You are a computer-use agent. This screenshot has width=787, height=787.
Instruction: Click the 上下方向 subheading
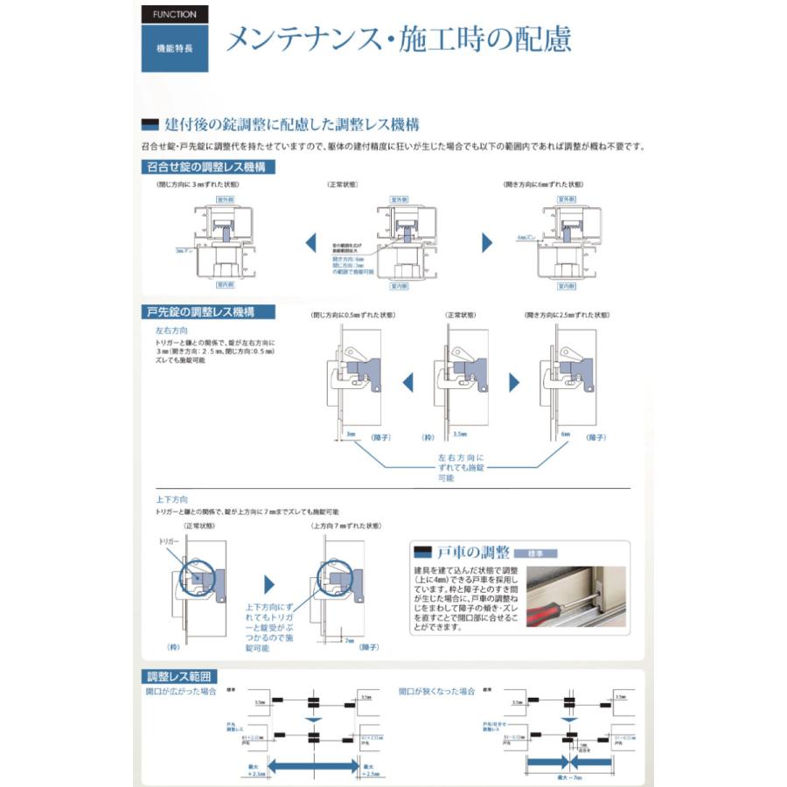click(x=171, y=499)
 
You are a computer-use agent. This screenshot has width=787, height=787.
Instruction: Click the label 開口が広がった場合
click(x=181, y=691)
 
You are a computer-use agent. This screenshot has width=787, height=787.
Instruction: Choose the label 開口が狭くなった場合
click(x=436, y=691)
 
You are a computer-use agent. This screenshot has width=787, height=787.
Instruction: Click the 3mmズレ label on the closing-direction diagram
click(x=184, y=249)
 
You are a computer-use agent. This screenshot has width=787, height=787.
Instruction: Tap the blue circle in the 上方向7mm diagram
click(x=336, y=578)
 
